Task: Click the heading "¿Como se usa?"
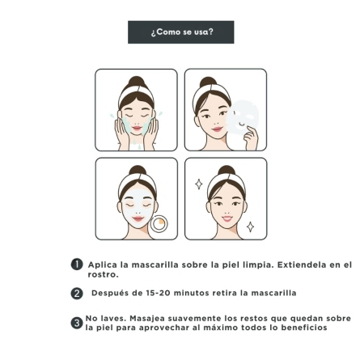pyautogui.click(x=182, y=32)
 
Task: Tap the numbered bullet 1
pyautogui.click(x=77, y=265)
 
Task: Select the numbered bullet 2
pyautogui.click(x=77, y=294)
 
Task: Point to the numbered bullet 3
pyautogui.click(x=77, y=323)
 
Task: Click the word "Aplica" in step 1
pyautogui.click(x=103, y=265)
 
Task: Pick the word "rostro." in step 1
pyautogui.click(x=103, y=275)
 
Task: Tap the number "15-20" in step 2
pyautogui.click(x=159, y=293)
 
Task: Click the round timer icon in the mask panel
pyautogui.click(x=159, y=223)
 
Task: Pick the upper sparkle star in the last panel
pyautogui.click(x=199, y=184)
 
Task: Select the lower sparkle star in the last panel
pyautogui.click(x=250, y=227)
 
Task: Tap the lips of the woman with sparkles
pyautogui.click(x=227, y=218)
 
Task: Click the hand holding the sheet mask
pyautogui.click(x=251, y=138)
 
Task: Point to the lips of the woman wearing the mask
pyautogui.click(x=138, y=218)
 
